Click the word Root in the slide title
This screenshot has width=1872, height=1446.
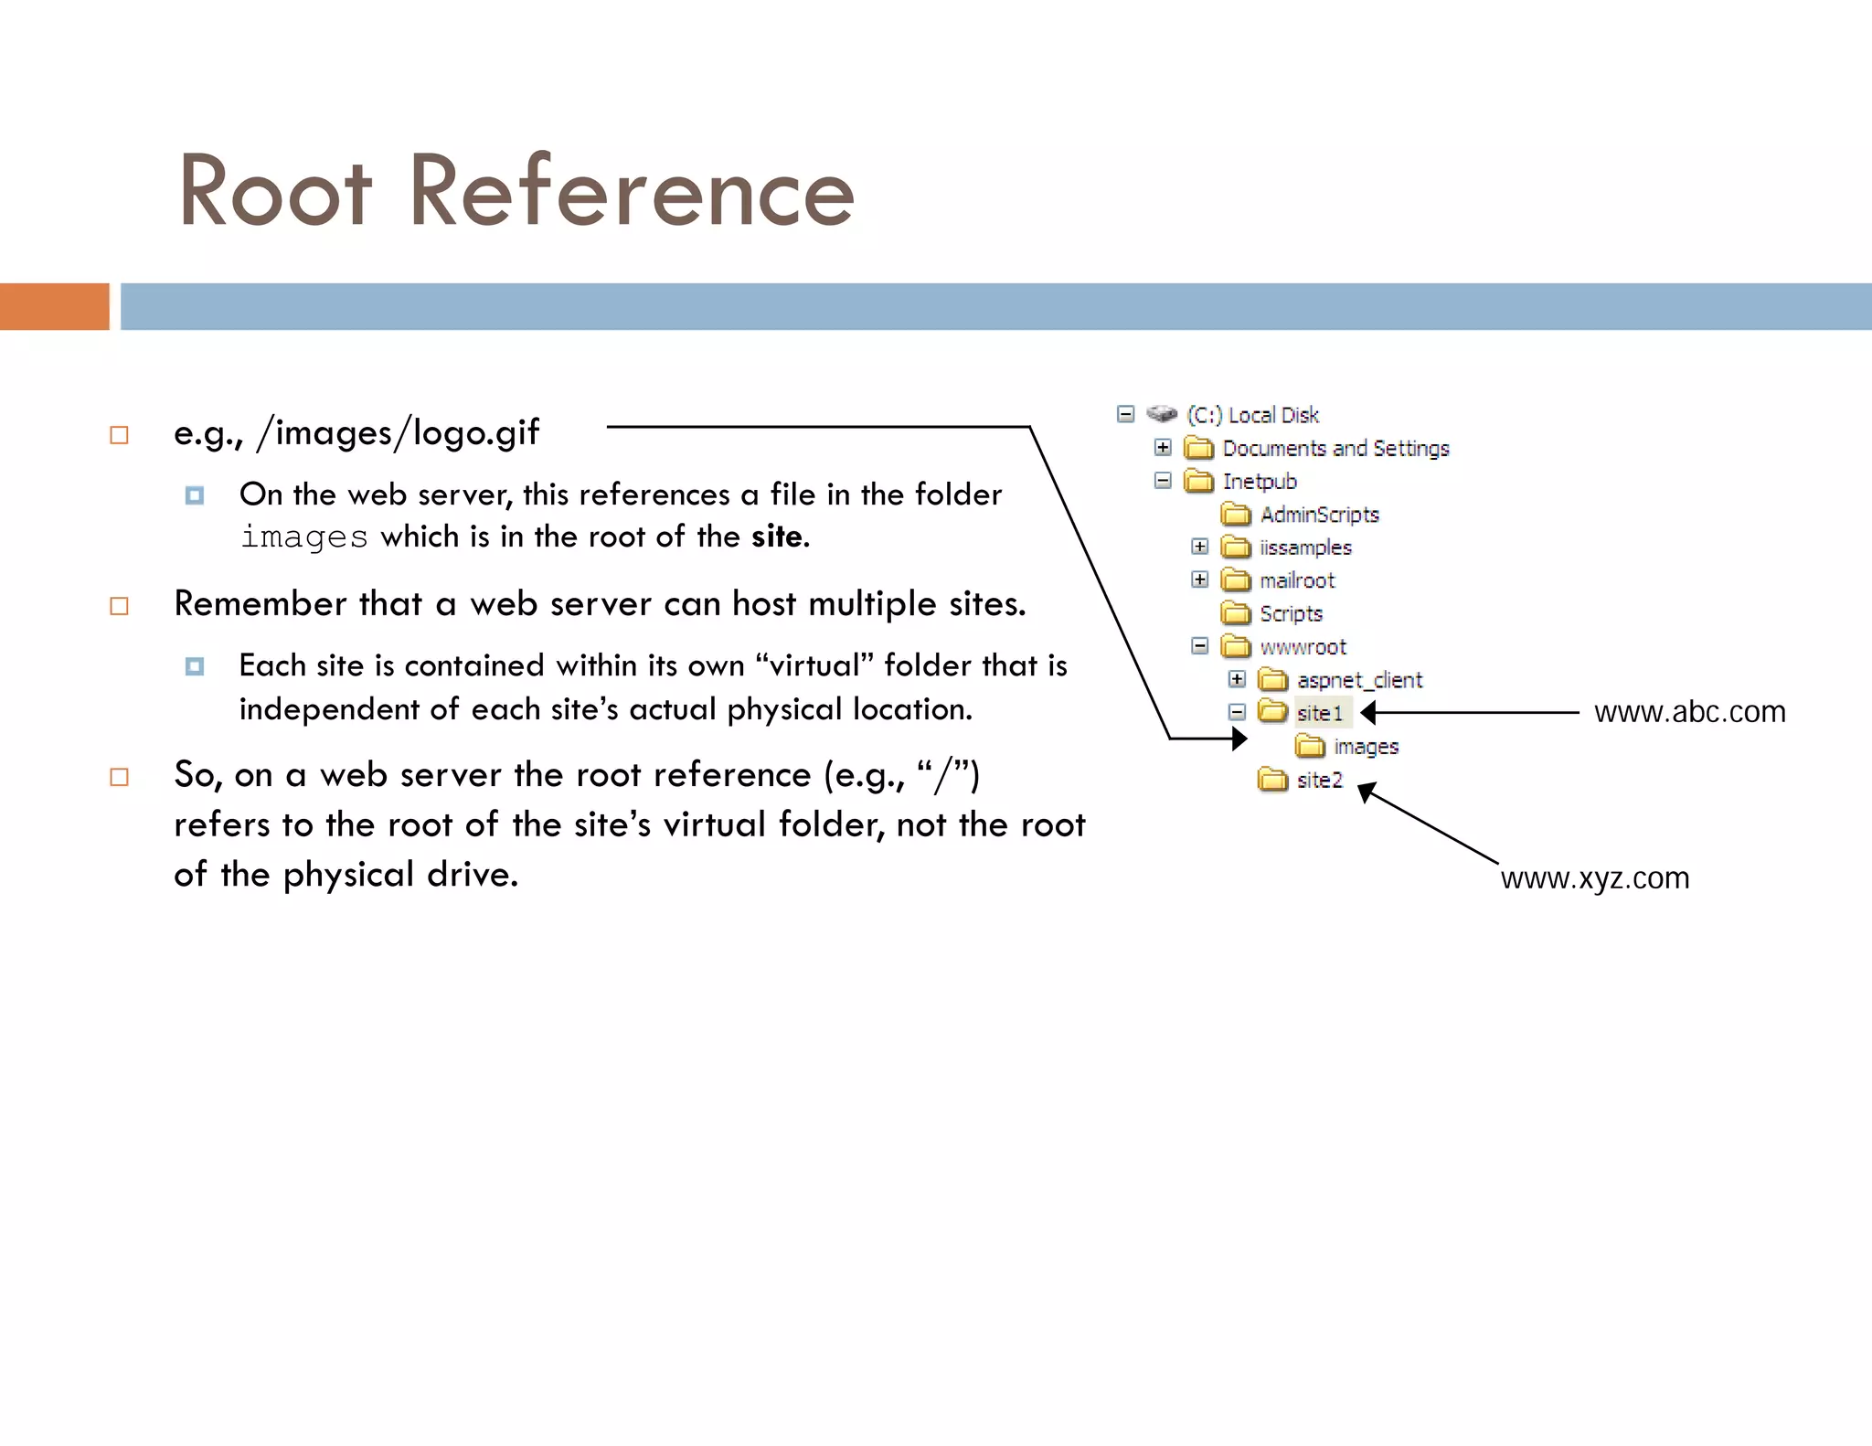[274, 192]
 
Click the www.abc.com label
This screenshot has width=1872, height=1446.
[1689, 712]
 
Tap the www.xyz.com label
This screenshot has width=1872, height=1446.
[1594, 878]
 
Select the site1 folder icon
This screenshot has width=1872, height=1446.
[1272, 711]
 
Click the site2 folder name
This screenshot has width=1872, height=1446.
[1319, 781]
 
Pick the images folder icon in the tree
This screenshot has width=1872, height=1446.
[1310, 747]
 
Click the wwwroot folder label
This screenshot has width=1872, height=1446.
[1303, 647]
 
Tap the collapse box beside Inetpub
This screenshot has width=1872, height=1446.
[1163, 481]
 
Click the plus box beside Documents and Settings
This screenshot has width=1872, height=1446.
[1163, 447]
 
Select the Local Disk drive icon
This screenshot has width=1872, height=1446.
[1162, 414]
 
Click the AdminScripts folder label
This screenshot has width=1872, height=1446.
[1319, 515]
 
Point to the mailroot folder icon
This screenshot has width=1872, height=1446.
[1236, 580]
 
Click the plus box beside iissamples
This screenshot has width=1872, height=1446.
[1200, 547]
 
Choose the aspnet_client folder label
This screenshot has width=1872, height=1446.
[1359, 680]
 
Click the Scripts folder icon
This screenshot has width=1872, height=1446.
[1236, 613]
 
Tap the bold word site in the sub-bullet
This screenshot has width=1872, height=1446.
[777, 537]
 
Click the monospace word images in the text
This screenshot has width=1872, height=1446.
[303, 537]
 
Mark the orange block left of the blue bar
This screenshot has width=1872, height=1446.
[54, 306]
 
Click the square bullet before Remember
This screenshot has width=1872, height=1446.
[119, 605]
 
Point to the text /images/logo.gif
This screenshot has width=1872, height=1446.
[399, 432]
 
